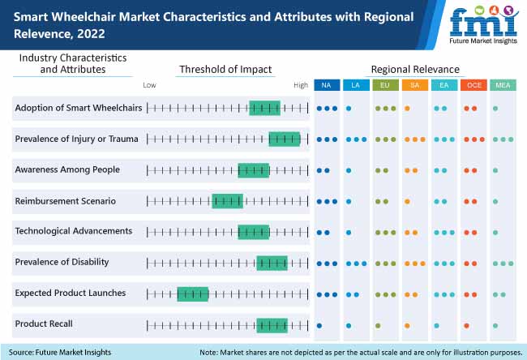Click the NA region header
[x=326, y=85]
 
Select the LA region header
[x=355, y=85]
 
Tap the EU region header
[x=384, y=85]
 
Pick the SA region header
[x=413, y=85]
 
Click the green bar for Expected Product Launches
[x=193, y=294]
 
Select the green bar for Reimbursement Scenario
[x=227, y=201]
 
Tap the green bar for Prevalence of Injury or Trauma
[x=284, y=139]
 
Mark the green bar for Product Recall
[x=272, y=324]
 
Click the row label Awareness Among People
[x=67, y=169]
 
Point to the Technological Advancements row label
[x=73, y=231]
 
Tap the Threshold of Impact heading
[x=225, y=70]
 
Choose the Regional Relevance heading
[x=414, y=70]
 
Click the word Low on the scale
[x=149, y=85]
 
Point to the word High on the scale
[x=301, y=85]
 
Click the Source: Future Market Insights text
[x=62, y=352]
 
